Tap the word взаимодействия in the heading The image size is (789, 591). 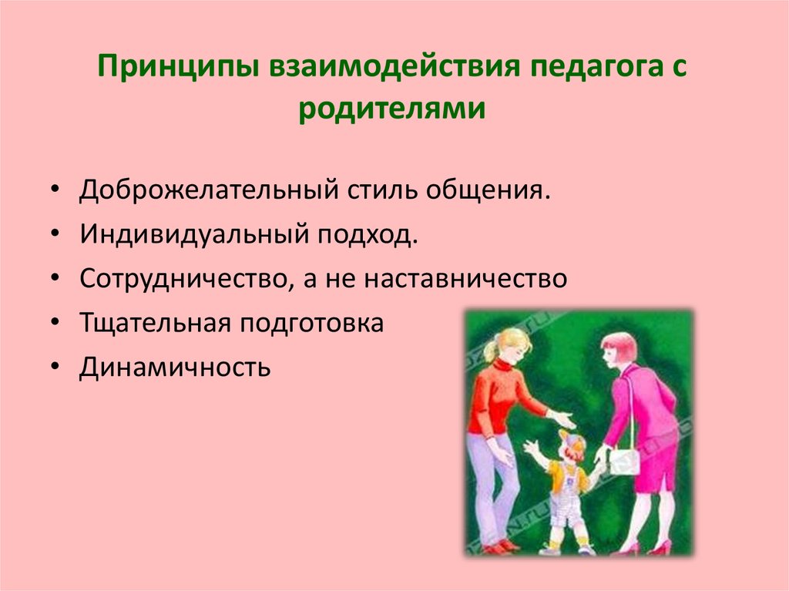394,65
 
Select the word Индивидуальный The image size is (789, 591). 194,234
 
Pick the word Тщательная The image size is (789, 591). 156,323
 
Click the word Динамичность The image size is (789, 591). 175,367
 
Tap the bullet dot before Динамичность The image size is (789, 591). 55,367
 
